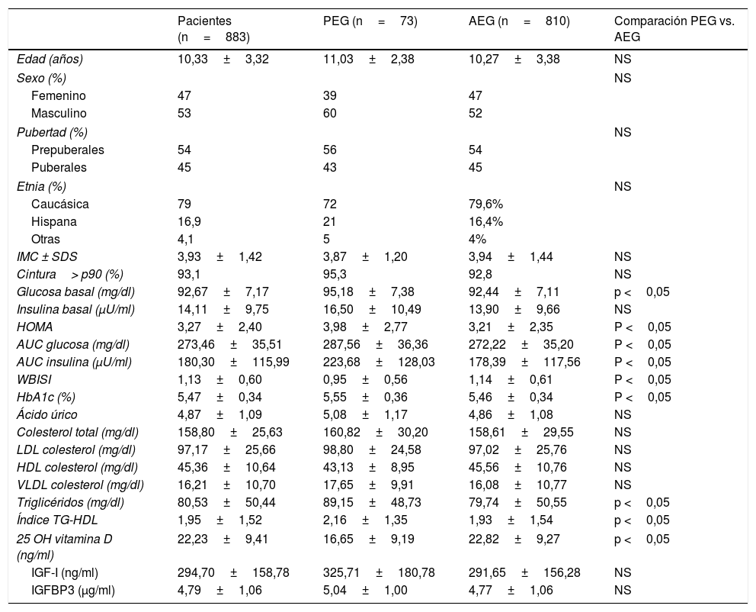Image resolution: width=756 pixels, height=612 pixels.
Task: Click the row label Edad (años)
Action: (50, 60)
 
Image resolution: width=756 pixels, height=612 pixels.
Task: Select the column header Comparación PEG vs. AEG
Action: (674, 29)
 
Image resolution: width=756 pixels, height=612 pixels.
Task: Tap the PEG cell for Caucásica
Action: (330, 205)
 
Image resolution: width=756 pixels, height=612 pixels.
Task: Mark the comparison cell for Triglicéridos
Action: (642, 502)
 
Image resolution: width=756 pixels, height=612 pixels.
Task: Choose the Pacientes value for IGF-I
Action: (233, 572)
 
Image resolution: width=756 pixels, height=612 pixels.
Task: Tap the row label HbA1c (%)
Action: (46, 397)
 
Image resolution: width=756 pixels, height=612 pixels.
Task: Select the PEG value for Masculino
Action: (330, 113)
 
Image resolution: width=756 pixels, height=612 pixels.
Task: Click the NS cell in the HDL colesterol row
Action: (623, 467)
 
